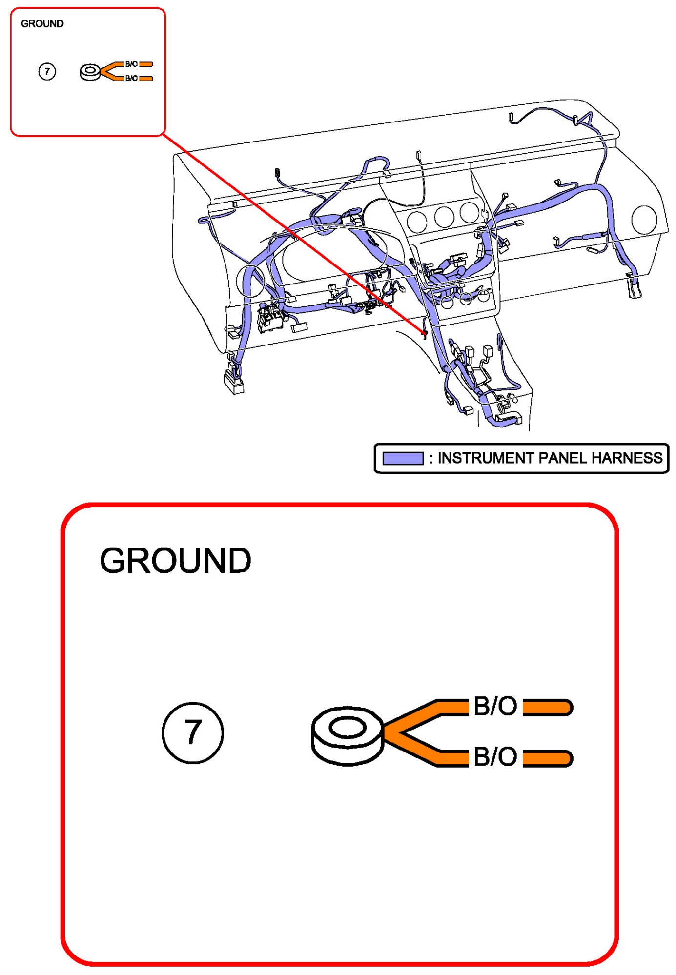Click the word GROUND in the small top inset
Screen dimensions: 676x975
[x=42, y=24]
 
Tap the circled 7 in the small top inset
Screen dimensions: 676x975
[x=47, y=72]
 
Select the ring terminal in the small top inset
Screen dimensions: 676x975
[x=90, y=72]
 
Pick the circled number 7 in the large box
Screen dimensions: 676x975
[x=192, y=732]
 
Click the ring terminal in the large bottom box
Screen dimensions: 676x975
[x=347, y=735]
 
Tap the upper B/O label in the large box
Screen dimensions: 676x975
[x=495, y=706]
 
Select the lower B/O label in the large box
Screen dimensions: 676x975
[x=495, y=756]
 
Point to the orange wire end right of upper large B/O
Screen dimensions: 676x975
[x=547, y=707]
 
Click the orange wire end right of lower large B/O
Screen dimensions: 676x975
[x=547, y=758]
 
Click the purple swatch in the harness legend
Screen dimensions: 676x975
[x=403, y=458]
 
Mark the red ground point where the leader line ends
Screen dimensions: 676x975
[x=425, y=333]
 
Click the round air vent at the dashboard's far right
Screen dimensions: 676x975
[x=644, y=220]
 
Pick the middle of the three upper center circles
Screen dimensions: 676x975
[x=444, y=216]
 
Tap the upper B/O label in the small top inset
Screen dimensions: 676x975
[x=131, y=64]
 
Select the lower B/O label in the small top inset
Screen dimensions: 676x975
[x=131, y=78]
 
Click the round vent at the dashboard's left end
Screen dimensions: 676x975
[x=250, y=281]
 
